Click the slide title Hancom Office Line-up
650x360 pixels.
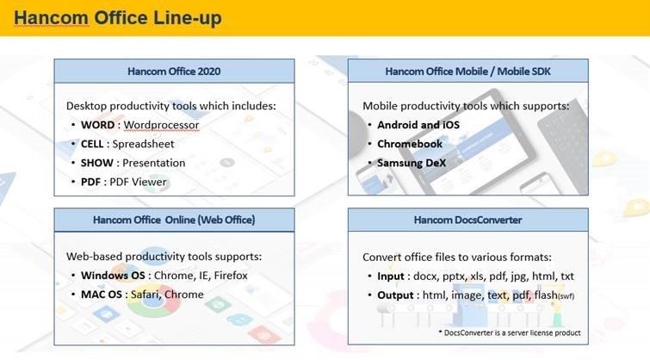pyautogui.click(x=118, y=18)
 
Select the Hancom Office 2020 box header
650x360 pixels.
pyautogui.click(x=174, y=71)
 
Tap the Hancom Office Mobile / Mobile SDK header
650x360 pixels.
pyautogui.click(x=468, y=71)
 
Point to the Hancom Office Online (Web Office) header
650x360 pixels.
pyautogui.click(x=174, y=220)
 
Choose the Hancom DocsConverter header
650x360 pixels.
pyautogui.click(x=468, y=220)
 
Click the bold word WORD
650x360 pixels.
pyautogui.click(x=98, y=125)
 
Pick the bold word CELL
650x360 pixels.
pyautogui.click(x=92, y=144)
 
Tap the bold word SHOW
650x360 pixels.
pyautogui.click(x=97, y=163)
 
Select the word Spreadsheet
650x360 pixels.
pyautogui.click(x=143, y=145)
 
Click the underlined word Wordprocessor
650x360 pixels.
pyautogui.click(x=161, y=125)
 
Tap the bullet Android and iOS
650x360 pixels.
pyautogui.click(x=418, y=125)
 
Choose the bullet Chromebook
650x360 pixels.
pyautogui.click(x=410, y=144)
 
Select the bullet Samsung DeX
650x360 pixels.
pyautogui.click(x=412, y=163)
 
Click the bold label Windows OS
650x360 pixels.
pyautogui.click(x=113, y=276)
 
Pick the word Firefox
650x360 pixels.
pyautogui.click(x=231, y=276)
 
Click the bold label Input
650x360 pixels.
pyautogui.click(x=391, y=276)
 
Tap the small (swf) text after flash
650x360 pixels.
pyautogui.click(x=566, y=296)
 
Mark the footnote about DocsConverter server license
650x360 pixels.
pyautogui.click(x=510, y=332)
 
